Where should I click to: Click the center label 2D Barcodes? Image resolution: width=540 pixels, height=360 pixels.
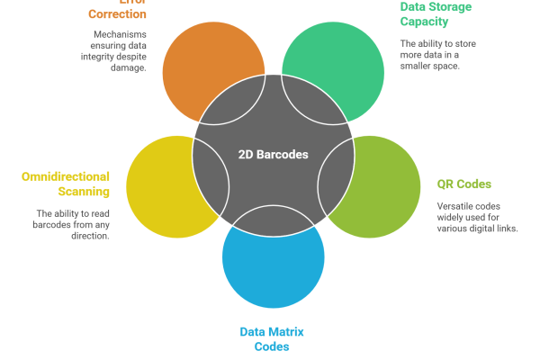tap(273, 155)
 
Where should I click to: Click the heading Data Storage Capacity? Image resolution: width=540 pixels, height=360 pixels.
tap(436, 13)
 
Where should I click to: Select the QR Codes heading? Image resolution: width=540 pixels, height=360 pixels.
tap(464, 184)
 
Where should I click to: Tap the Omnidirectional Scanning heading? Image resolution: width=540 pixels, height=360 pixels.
tap(65, 184)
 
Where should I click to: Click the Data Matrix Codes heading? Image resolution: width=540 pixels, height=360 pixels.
tap(272, 339)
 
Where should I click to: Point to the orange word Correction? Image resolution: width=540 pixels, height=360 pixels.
tap(117, 15)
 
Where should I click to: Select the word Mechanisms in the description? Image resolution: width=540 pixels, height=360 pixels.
tap(121, 34)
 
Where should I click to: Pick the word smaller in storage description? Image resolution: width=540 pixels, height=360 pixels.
tap(418, 67)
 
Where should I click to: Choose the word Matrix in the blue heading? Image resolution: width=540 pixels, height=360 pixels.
tap(288, 332)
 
